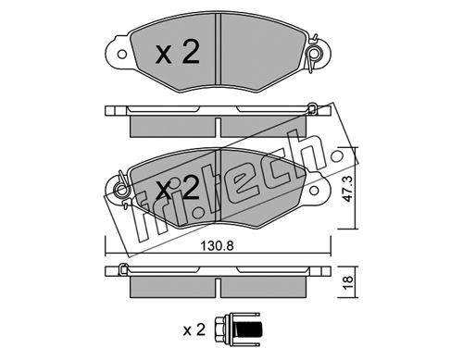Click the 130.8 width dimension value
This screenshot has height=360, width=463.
coord(217,246)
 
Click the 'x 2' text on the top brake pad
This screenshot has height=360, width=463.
coord(178,52)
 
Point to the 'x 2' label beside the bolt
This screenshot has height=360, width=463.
coord(194,330)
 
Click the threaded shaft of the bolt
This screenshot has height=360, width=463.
coord(250,329)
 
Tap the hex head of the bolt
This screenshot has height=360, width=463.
coord(220,329)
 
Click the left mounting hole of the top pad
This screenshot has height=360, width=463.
coord(122,55)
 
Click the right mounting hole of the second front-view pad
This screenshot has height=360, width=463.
coord(314,191)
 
